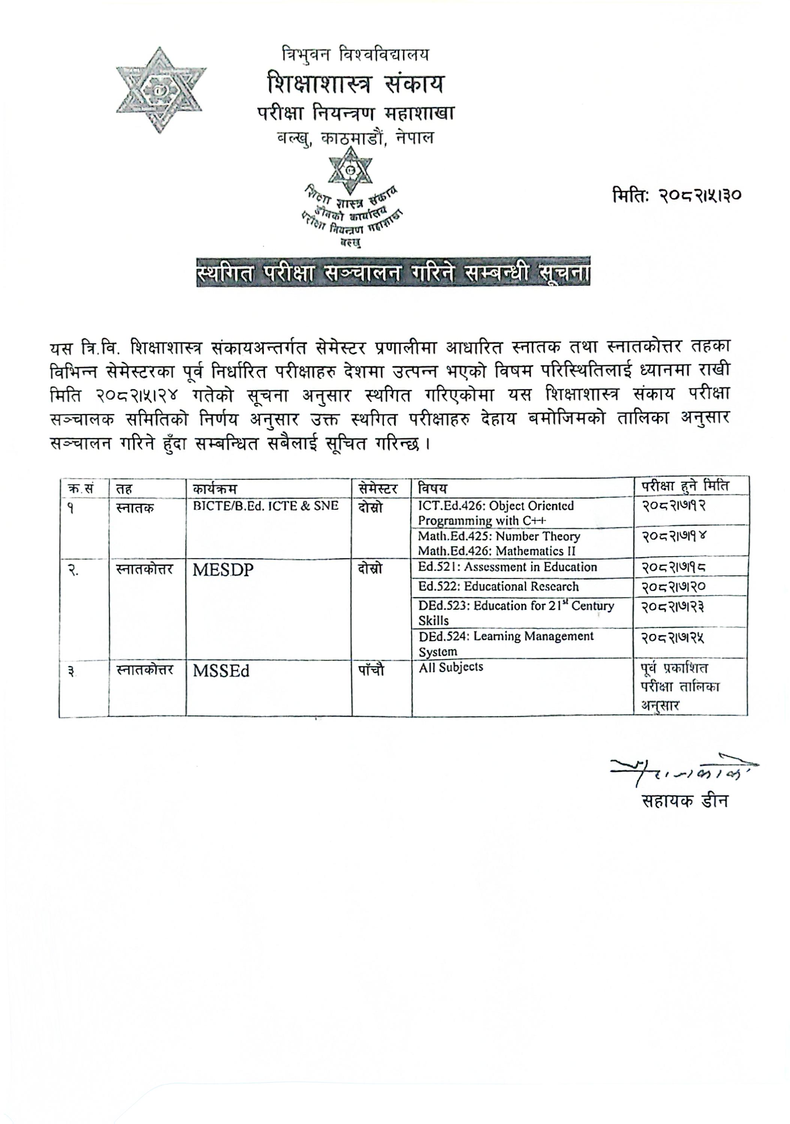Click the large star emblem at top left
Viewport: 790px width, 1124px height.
click(161, 90)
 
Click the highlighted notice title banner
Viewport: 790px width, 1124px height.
click(393, 271)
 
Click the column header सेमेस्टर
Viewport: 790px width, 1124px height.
click(378, 489)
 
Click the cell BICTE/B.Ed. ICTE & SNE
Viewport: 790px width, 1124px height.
click(265, 506)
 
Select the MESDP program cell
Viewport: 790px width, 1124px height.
click(223, 570)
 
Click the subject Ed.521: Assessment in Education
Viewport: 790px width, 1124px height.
click(507, 567)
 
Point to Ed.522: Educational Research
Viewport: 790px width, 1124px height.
click(498, 586)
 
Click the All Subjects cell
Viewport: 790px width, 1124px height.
click(450, 667)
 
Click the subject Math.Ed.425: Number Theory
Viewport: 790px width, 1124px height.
click(498, 537)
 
